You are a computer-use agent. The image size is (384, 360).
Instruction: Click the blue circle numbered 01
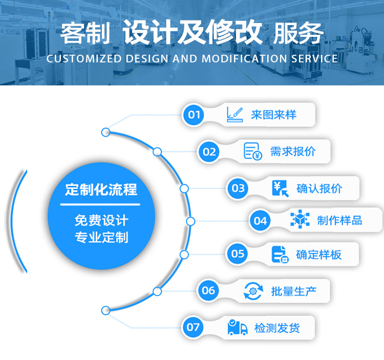(x=194, y=115)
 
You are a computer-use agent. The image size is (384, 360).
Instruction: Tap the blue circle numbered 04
(x=260, y=221)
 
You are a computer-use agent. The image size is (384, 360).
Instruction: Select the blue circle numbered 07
(x=194, y=327)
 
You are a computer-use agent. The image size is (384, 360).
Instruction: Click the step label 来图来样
(x=273, y=115)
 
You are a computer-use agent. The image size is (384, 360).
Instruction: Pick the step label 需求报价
(x=293, y=151)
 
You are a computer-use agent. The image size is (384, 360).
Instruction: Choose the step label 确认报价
(x=319, y=188)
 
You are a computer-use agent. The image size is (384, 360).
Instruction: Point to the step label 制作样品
(x=339, y=221)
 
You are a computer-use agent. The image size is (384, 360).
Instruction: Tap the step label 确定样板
(x=318, y=254)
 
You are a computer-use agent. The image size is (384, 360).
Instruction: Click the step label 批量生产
(x=293, y=291)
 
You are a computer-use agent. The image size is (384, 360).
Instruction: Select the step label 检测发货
(x=277, y=328)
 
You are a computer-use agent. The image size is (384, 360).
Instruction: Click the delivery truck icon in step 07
(x=238, y=327)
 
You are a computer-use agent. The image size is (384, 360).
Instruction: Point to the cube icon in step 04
(x=300, y=220)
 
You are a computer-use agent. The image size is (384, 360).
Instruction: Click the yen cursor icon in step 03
(x=280, y=188)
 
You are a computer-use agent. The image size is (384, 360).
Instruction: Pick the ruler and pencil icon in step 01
(x=234, y=115)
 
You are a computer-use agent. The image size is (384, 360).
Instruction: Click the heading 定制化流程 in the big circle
(x=101, y=190)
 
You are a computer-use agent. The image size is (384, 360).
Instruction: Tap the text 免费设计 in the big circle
(x=101, y=221)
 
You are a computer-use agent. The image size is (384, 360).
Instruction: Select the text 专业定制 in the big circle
(x=101, y=237)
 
